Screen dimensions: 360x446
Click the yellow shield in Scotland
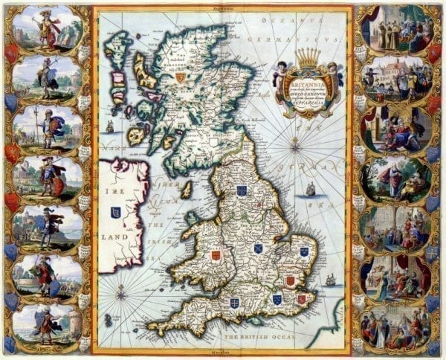point(180,76)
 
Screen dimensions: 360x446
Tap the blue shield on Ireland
point(116,213)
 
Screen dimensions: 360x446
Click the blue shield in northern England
point(242,190)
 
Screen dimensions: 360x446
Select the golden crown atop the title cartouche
point(306,56)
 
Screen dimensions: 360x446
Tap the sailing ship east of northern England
point(310,190)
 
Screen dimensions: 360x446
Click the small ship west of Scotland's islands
point(110,126)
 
